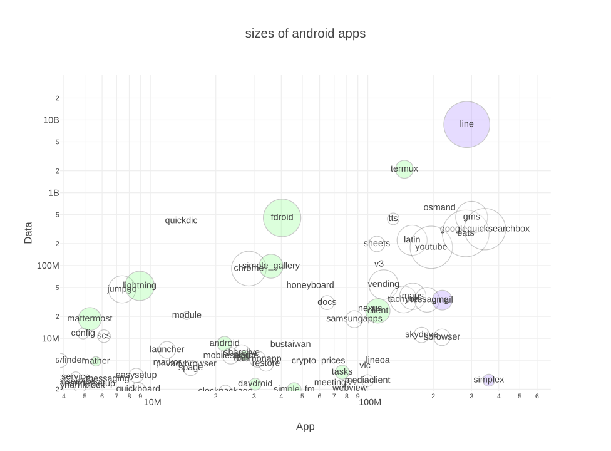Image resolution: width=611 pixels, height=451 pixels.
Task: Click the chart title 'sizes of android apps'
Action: coord(305,34)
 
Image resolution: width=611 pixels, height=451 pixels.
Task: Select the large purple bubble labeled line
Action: coord(466,124)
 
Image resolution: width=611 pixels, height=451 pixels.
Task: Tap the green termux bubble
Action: coord(404,169)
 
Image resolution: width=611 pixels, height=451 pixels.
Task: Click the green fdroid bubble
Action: coord(282,218)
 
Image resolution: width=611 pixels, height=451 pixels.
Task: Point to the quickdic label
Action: coord(181,220)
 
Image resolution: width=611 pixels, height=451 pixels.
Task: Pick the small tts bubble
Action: coord(393,219)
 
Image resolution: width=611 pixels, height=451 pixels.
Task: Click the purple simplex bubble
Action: coord(488,380)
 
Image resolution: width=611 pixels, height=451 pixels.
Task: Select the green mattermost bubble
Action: coord(90,319)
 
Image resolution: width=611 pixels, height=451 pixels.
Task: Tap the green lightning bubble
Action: coord(140,286)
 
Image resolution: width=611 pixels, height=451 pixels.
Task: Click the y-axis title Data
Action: coord(28,232)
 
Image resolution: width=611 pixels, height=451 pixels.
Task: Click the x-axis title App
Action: coord(305,427)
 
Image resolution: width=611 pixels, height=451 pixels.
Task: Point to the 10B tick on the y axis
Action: coord(51,120)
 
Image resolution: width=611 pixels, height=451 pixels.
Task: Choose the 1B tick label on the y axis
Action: coord(54,193)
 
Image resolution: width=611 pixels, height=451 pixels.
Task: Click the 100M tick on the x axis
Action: coord(370,402)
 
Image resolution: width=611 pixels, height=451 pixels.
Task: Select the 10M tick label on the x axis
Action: coord(153,402)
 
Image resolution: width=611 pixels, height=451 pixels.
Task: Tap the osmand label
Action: coord(439,207)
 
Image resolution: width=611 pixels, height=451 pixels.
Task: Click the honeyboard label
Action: coord(310,285)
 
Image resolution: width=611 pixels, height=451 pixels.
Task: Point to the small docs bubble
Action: coord(327,303)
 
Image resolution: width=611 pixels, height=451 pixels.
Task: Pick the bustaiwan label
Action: coord(290,344)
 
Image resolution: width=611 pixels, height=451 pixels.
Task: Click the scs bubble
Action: coord(104,336)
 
